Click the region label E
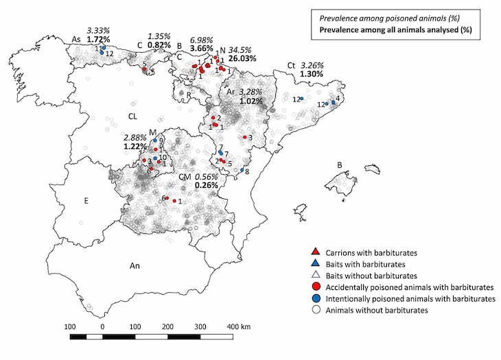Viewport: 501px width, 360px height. [x=86, y=201]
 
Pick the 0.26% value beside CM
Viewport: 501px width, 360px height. [x=207, y=185]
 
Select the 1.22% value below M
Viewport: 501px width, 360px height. [x=135, y=146]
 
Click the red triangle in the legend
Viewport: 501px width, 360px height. [x=313, y=253]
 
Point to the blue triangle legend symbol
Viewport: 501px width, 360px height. [x=313, y=264]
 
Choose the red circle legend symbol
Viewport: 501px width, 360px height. [x=313, y=287]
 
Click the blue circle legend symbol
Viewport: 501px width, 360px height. [x=313, y=299]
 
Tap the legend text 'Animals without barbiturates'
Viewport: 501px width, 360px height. [x=379, y=311]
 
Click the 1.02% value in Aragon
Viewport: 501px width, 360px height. [x=251, y=101]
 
